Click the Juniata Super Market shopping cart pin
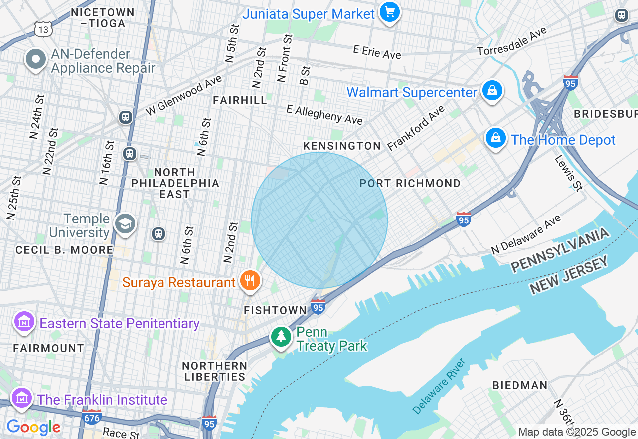tap(389, 12)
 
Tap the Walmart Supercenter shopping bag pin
tap(492, 91)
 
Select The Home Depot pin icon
tap(496, 138)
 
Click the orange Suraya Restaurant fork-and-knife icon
tap(250, 281)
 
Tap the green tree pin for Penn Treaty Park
tap(281, 337)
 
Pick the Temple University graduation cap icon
tap(124, 224)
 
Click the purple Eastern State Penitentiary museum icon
tap(24, 322)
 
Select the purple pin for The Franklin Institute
tap(22, 398)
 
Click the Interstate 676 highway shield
tap(92, 416)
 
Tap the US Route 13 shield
tap(43, 29)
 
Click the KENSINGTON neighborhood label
tap(342, 146)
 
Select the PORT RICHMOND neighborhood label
tap(410, 183)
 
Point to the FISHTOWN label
tap(275, 310)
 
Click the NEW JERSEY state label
tap(570, 275)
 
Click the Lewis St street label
tap(568, 173)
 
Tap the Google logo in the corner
tap(33, 427)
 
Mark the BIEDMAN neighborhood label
tap(520, 385)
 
